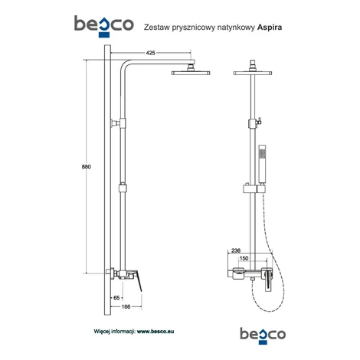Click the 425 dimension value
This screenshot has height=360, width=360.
click(150, 53)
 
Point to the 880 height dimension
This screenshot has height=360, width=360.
click(87, 167)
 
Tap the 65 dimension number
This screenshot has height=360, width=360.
click(116, 298)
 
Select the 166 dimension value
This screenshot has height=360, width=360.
click(126, 306)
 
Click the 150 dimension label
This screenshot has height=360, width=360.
click(244, 258)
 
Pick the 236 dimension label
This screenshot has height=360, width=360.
click(236, 250)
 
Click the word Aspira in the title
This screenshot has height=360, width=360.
click(270, 28)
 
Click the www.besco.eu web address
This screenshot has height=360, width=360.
click(155, 332)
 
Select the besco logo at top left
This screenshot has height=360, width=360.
click(104, 26)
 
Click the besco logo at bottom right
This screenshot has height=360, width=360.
click(263, 335)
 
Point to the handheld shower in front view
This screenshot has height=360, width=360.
click(262, 165)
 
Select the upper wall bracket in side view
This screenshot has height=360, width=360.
click(119, 123)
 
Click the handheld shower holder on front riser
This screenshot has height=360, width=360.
click(254, 188)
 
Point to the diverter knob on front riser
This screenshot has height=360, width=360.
click(259, 120)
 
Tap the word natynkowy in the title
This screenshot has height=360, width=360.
click(236, 28)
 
